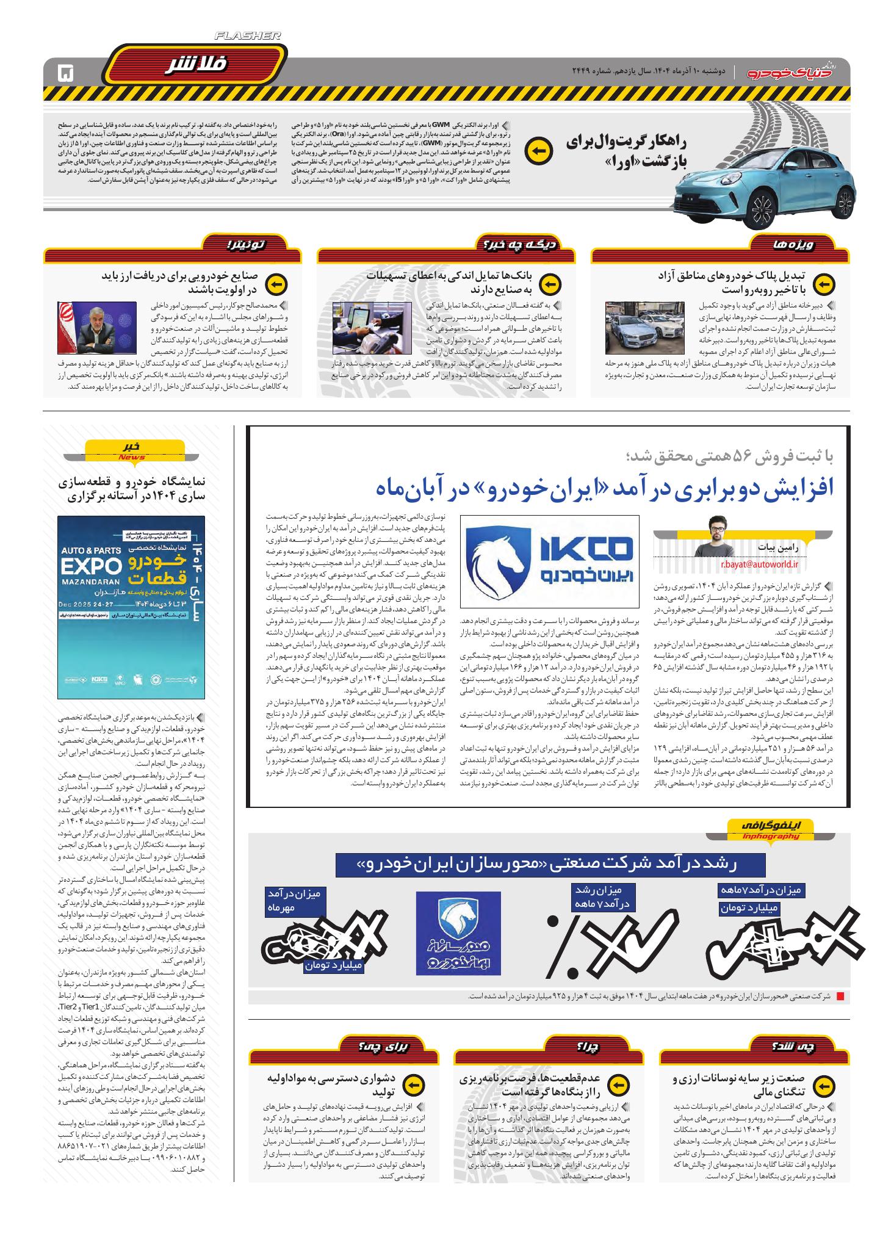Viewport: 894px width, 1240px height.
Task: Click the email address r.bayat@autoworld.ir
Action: coord(759,564)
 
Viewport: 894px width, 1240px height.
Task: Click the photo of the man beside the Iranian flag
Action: coord(98,330)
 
